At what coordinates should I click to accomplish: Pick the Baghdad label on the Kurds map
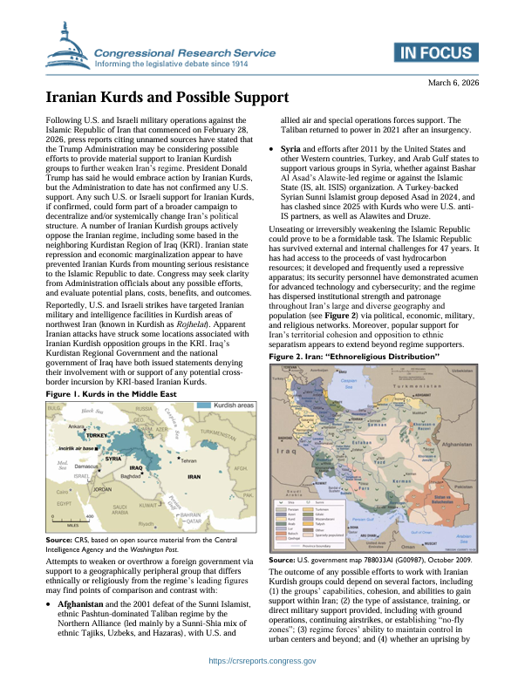131,478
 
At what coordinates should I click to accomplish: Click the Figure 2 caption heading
344,332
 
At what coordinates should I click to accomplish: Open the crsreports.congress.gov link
262,662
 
